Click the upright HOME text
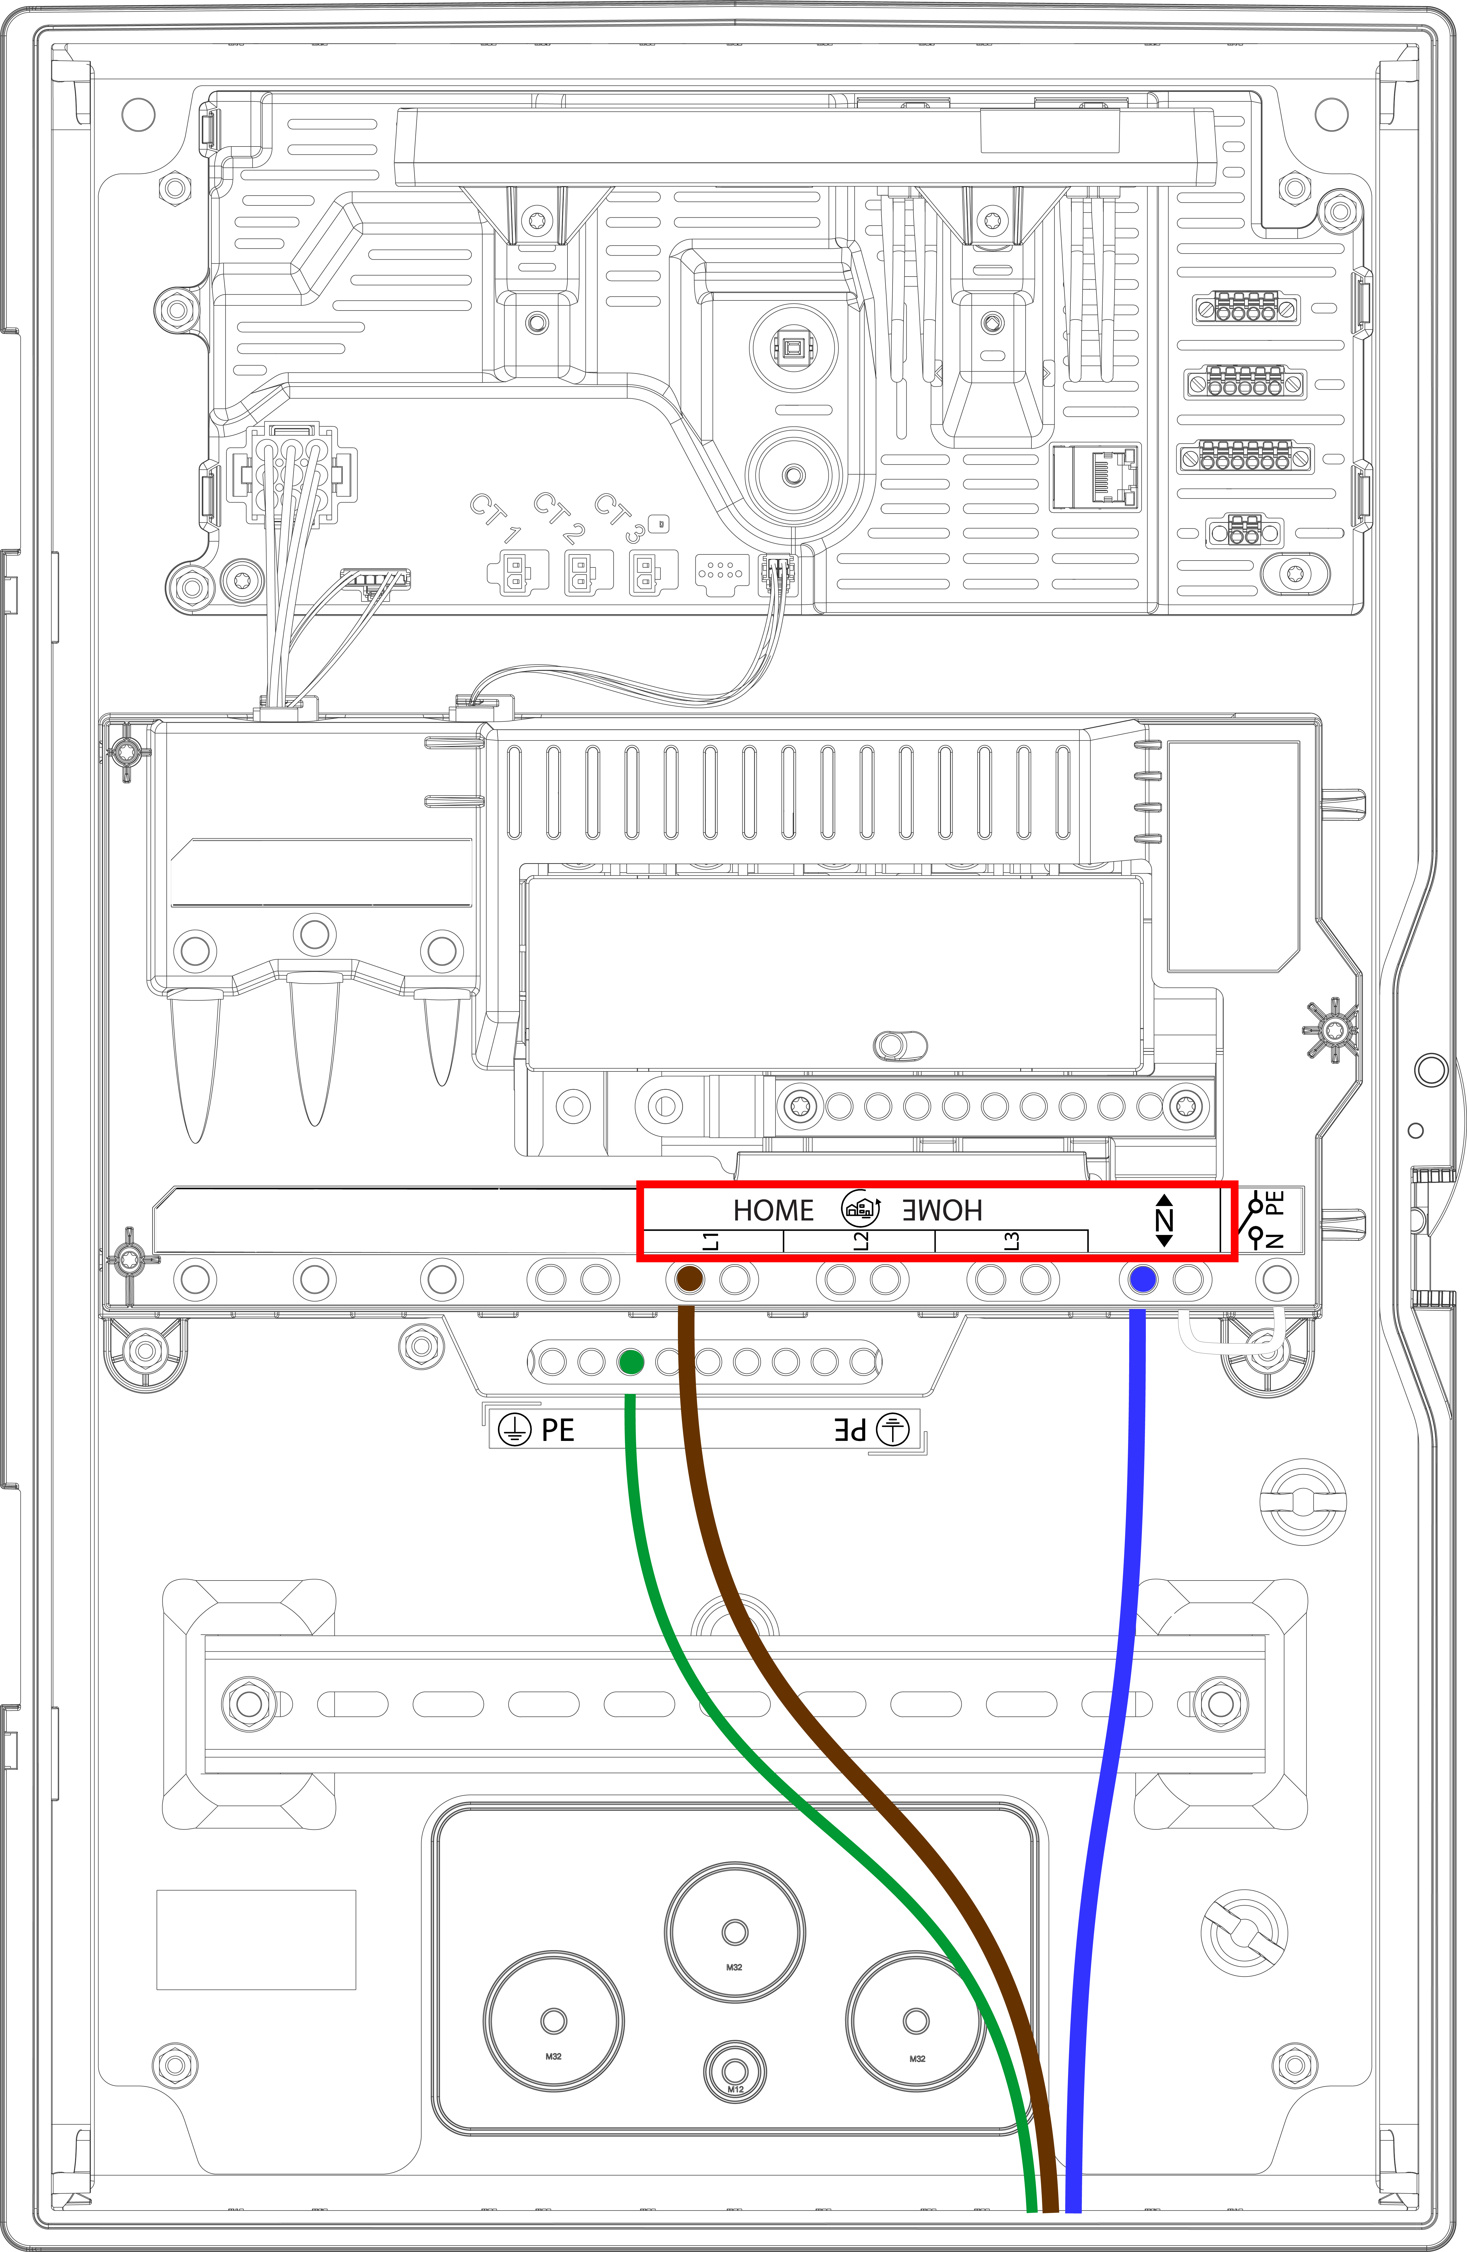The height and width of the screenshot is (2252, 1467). click(x=773, y=1210)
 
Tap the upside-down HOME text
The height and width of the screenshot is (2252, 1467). click(x=942, y=1210)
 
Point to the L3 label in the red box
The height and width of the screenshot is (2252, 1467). click(x=1012, y=1241)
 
